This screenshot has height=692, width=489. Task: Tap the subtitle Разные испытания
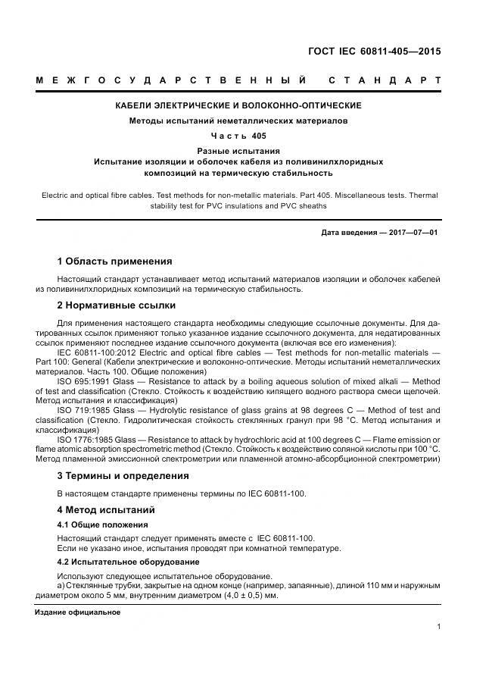(x=238, y=151)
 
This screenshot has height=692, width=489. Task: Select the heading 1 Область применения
(x=114, y=261)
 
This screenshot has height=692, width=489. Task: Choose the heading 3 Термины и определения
(x=123, y=476)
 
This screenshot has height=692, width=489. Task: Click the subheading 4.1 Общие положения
(x=103, y=524)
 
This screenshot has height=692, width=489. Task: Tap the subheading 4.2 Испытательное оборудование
(x=129, y=562)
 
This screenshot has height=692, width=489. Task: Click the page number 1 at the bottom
(x=438, y=627)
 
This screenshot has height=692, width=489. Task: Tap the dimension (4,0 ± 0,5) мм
(x=250, y=595)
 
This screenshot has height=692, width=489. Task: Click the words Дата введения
(x=346, y=232)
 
